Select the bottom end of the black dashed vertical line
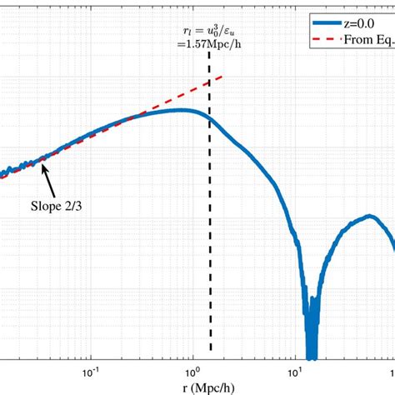tap(210, 350)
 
